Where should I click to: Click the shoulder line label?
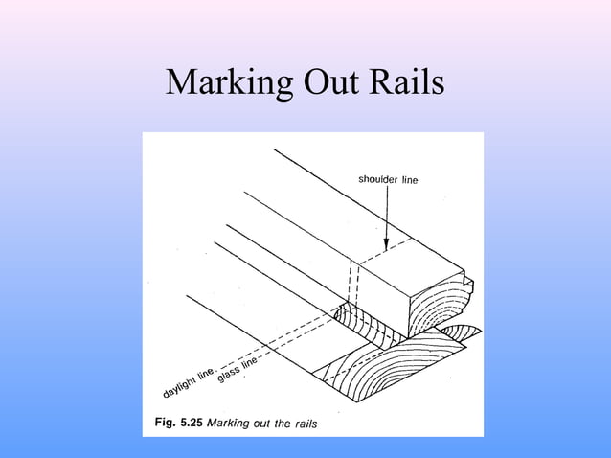388,179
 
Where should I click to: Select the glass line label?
238,368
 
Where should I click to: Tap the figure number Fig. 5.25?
178,423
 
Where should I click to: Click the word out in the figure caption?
260,423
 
